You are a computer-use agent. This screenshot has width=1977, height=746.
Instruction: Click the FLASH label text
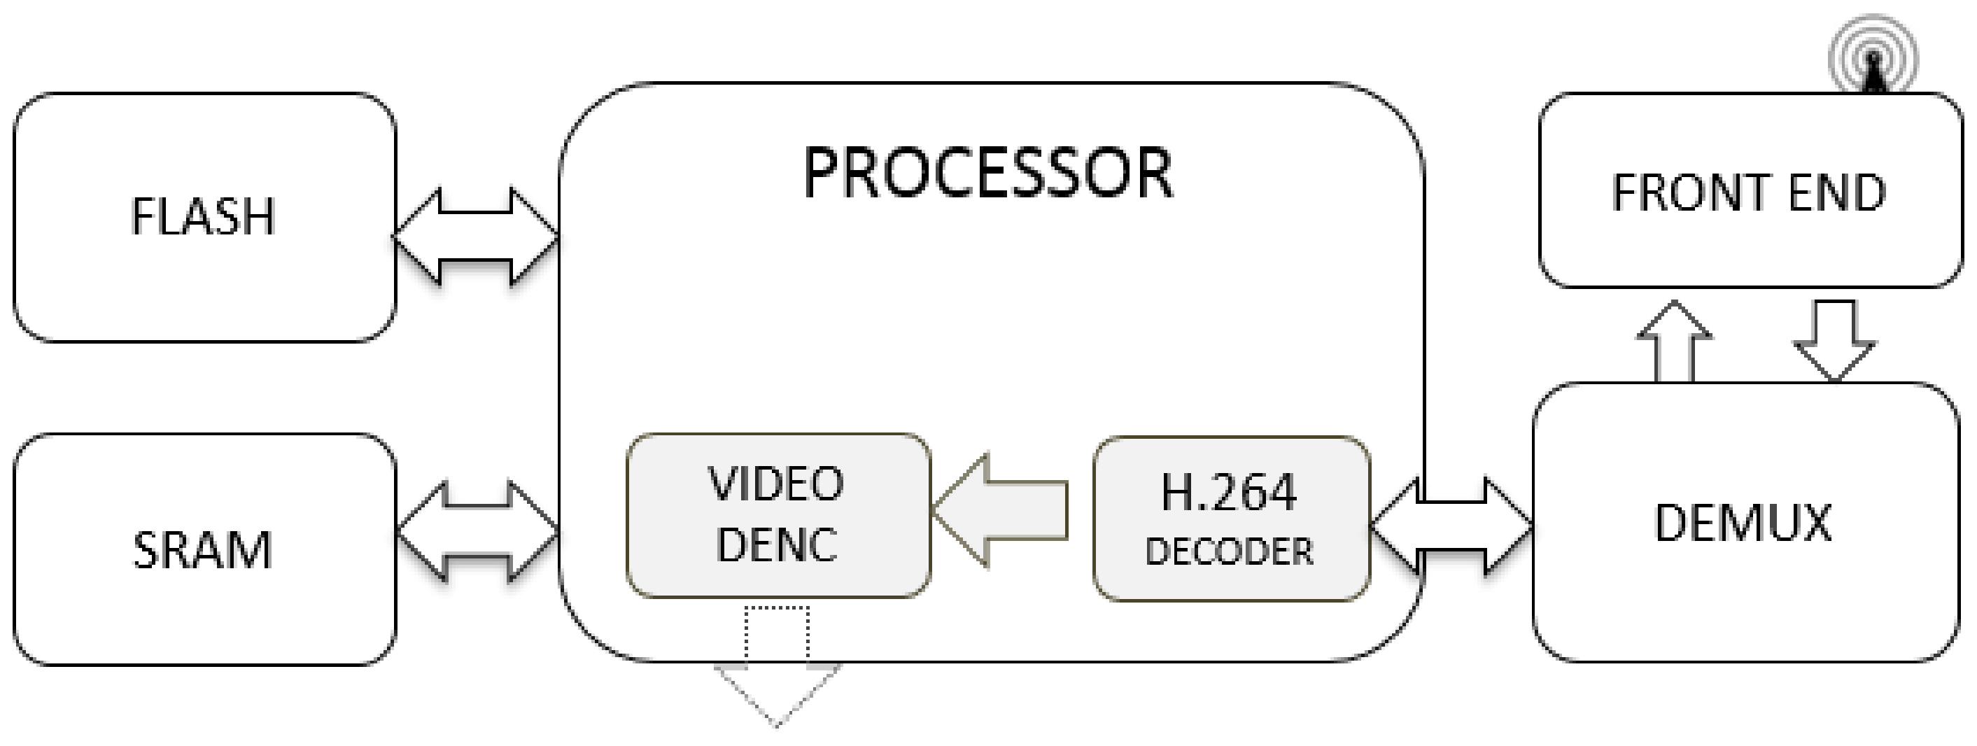[x=203, y=216]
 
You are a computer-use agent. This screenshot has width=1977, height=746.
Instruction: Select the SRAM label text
[x=203, y=550]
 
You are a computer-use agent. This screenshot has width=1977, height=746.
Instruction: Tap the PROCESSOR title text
[x=987, y=174]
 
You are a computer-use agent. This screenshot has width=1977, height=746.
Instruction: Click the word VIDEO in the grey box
[x=776, y=484]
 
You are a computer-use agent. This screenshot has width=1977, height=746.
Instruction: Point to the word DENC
[x=776, y=544]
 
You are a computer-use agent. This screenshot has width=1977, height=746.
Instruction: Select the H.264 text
[x=1229, y=492]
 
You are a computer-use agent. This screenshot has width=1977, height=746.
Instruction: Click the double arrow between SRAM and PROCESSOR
[x=476, y=530]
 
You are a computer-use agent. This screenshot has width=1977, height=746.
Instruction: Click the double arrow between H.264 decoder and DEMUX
[x=1451, y=526]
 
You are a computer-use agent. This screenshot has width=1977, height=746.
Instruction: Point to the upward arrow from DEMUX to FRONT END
[x=1675, y=342]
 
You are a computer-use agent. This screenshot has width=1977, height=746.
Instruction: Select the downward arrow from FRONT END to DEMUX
[x=1834, y=338]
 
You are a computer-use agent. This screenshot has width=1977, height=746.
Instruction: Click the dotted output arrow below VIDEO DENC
[x=777, y=668]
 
